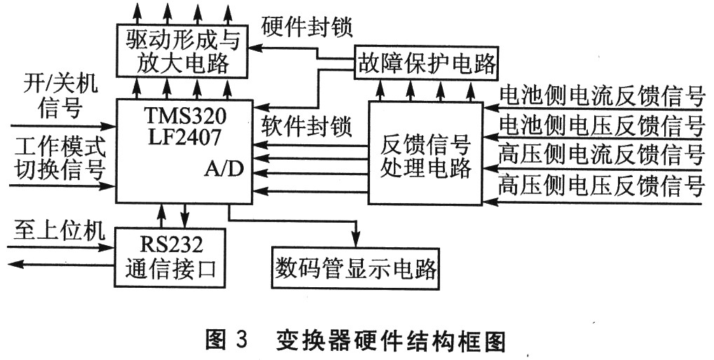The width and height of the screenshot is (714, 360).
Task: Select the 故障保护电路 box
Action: click(426, 64)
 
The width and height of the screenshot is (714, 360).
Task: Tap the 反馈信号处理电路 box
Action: click(425, 153)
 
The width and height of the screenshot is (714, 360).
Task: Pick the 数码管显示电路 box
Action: click(356, 268)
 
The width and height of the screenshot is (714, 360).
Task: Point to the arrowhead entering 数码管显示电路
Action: click(356, 240)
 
